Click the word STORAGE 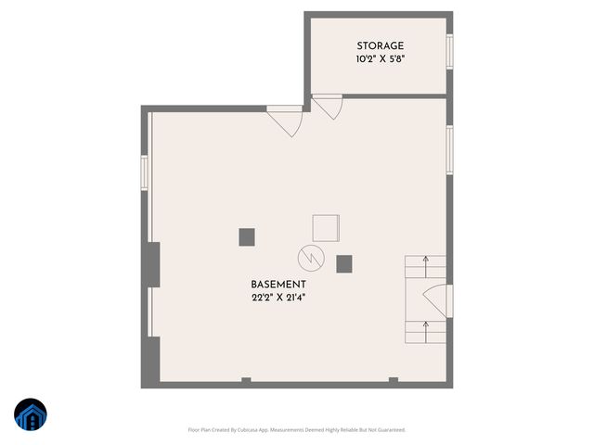click(x=381, y=46)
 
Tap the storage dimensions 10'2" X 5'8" click(x=381, y=59)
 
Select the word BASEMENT click(x=278, y=284)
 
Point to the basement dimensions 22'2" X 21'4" click(x=278, y=297)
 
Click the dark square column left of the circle click(x=247, y=236)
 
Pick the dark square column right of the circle click(x=344, y=262)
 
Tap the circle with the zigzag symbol click(x=310, y=257)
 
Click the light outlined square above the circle click(x=326, y=228)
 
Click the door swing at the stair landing click(x=436, y=299)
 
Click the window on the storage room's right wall click(x=450, y=50)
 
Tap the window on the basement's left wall click(x=145, y=172)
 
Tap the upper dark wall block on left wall click(x=152, y=263)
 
